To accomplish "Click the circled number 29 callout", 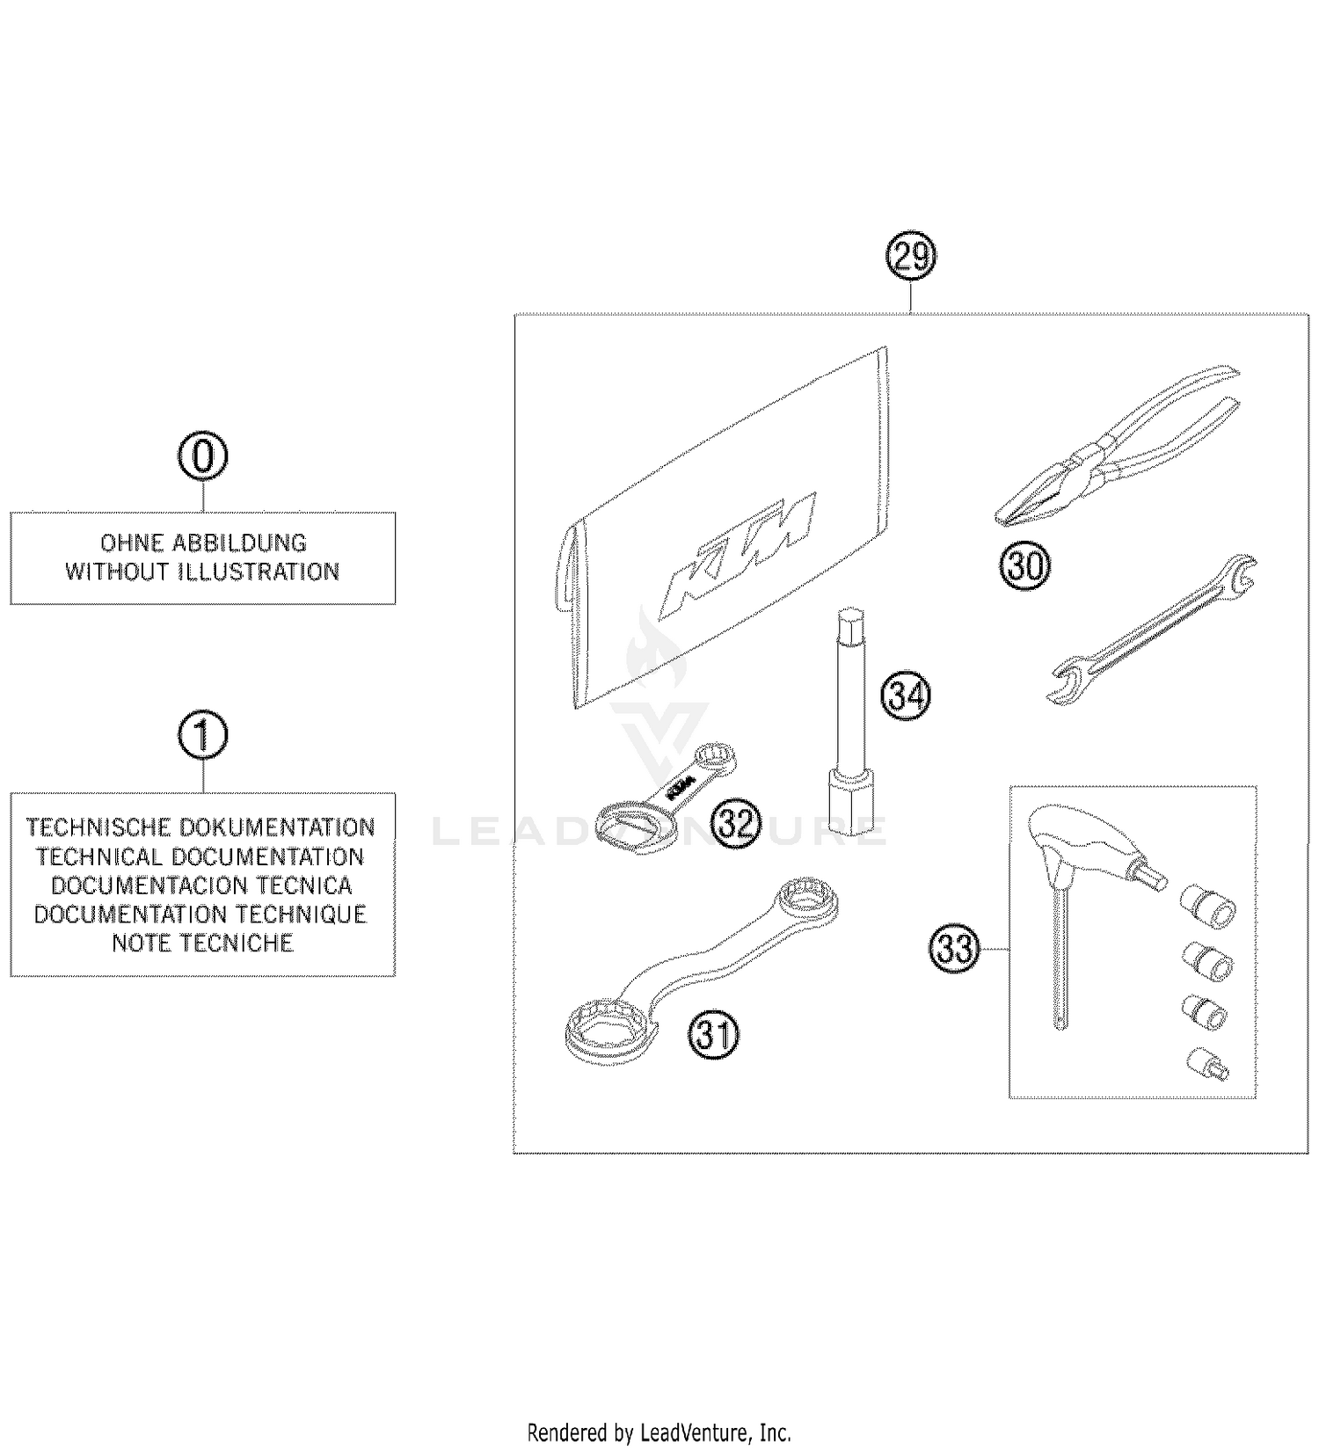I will pos(910,258).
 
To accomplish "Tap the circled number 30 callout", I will pos(1024,565).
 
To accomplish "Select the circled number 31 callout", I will pos(714,1033).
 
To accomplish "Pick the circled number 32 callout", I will pos(735,824).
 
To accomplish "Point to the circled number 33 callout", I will pos(955,949).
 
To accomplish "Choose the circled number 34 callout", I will pos(906,696).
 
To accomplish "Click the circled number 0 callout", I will pos(203,456).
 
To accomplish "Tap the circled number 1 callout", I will pos(203,735).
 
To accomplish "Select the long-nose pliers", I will pos(1117,448).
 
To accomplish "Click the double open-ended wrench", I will pos(1152,629).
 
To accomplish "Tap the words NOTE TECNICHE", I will pos(202,943).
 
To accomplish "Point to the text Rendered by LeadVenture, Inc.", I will pos(659,1432).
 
